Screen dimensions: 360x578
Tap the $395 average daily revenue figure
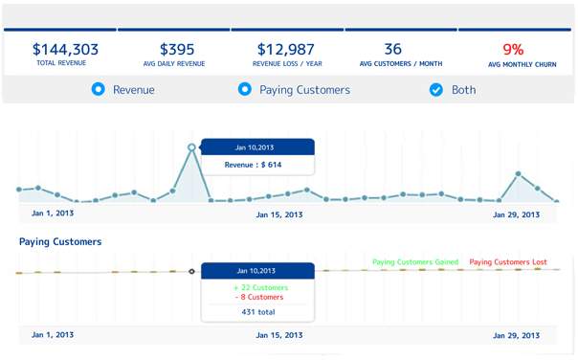(x=177, y=49)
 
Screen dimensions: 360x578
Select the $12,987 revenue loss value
(x=286, y=49)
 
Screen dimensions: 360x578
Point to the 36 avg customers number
(x=392, y=49)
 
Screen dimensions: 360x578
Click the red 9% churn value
(x=513, y=49)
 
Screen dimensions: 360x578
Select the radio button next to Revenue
(x=98, y=89)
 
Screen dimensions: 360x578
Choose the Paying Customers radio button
(x=244, y=89)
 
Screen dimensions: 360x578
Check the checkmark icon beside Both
(x=436, y=89)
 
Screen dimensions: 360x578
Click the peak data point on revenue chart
(x=192, y=147)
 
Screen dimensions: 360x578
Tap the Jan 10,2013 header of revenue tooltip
(x=256, y=147)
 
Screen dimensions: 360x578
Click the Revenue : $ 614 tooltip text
(x=254, y=166)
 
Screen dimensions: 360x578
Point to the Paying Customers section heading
(x=60, y=242)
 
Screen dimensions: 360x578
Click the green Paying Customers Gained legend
(x=415, y=261)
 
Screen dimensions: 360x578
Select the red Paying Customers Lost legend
(x=508, y=261)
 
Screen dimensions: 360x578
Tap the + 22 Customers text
(x=259, y=287)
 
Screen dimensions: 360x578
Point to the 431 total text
(x=258, y=312)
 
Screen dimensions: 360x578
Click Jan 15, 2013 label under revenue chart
(x=279, y=214)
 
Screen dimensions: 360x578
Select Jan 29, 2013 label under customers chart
(x=516, y=335)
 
